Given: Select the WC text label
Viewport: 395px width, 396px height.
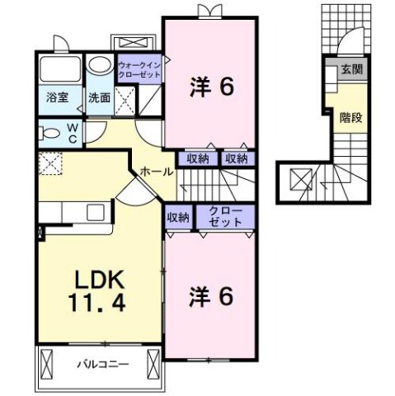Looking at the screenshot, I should [72, 133].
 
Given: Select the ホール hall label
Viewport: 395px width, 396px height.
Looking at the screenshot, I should [157, 172].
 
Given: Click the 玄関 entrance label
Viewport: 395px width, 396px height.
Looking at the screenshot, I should [351, 69].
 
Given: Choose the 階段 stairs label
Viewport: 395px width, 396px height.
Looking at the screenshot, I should [350, 117].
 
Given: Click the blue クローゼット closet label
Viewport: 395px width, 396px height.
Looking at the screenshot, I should [225, 218].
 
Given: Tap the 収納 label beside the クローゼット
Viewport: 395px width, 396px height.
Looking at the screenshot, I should [178, 218].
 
